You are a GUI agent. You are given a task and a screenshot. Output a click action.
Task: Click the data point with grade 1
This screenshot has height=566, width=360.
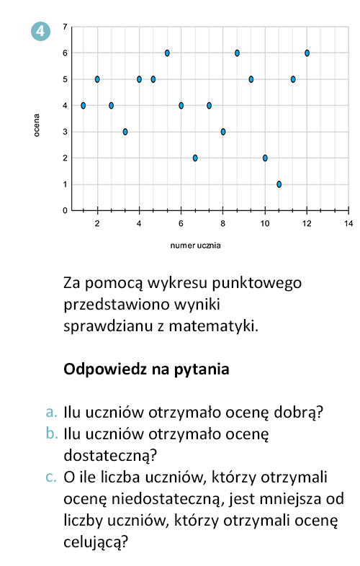pyautogui.click(x=279, y=184)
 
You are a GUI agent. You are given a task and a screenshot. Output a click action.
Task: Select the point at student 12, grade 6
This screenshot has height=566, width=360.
pyautogui.click(x=307, y=53)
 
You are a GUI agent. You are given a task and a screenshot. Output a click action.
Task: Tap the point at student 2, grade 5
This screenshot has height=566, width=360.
pyautogui.click(x=97, y=79)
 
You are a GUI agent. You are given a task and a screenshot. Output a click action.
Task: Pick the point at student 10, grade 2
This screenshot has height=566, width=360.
pyautogui.click(x=265, y=158)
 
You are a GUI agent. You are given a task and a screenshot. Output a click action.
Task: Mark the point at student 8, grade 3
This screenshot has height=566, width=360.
pyautogui.click(x=223, y=132)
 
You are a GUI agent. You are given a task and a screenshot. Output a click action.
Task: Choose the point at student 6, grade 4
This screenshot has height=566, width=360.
pyautogui.click(x=181, y=105)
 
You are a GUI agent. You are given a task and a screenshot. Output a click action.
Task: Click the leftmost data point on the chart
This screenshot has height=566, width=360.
pyautogui.click(x=84, y=105)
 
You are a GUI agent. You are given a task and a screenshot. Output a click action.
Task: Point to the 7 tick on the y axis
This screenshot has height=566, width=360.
pyautogui.click(x=65, y=27)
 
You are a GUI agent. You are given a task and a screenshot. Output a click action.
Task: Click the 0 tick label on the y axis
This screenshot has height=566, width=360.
pyautogui.click(x=65, y=211)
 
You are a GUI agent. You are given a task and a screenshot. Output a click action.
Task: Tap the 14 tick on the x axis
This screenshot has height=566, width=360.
pyautogui.click(x=348, y=223)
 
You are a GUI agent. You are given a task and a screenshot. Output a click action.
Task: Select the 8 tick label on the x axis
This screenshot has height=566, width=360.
pyautogui.click(x=223, y=223)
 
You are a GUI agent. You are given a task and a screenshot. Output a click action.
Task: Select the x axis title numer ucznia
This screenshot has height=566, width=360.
pyautogui.click(x=195, y=246)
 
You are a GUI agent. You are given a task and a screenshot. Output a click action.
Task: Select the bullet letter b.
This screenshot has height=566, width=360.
pyautogui.click(x=50, y=434)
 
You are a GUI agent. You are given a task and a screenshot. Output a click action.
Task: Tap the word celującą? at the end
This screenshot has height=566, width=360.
pyautogui.click(x=96, y=541)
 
